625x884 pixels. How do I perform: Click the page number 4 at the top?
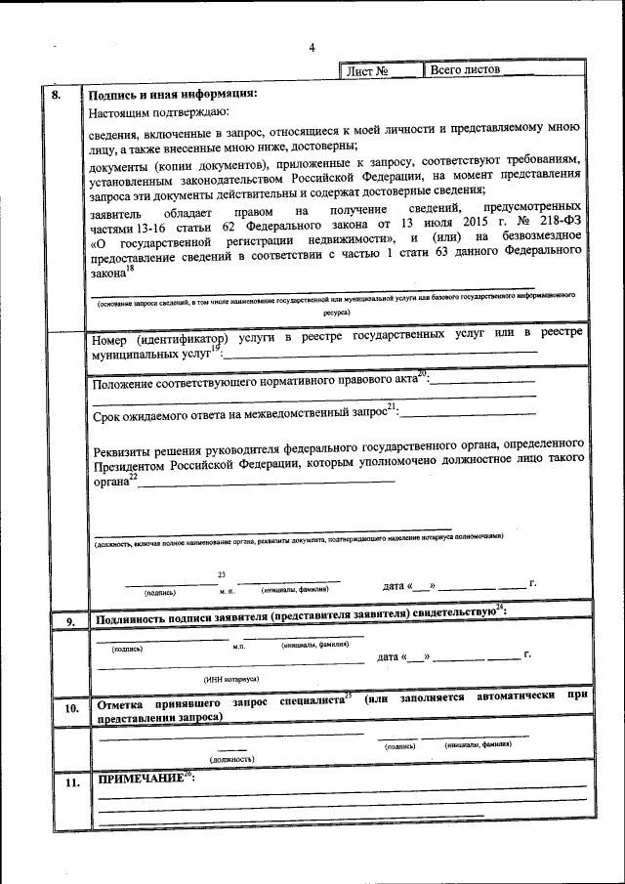(x=312, y=48)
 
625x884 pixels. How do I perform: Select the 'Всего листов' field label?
(x=465, y=70)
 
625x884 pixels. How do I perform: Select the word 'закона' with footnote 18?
(x=110, y=275)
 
